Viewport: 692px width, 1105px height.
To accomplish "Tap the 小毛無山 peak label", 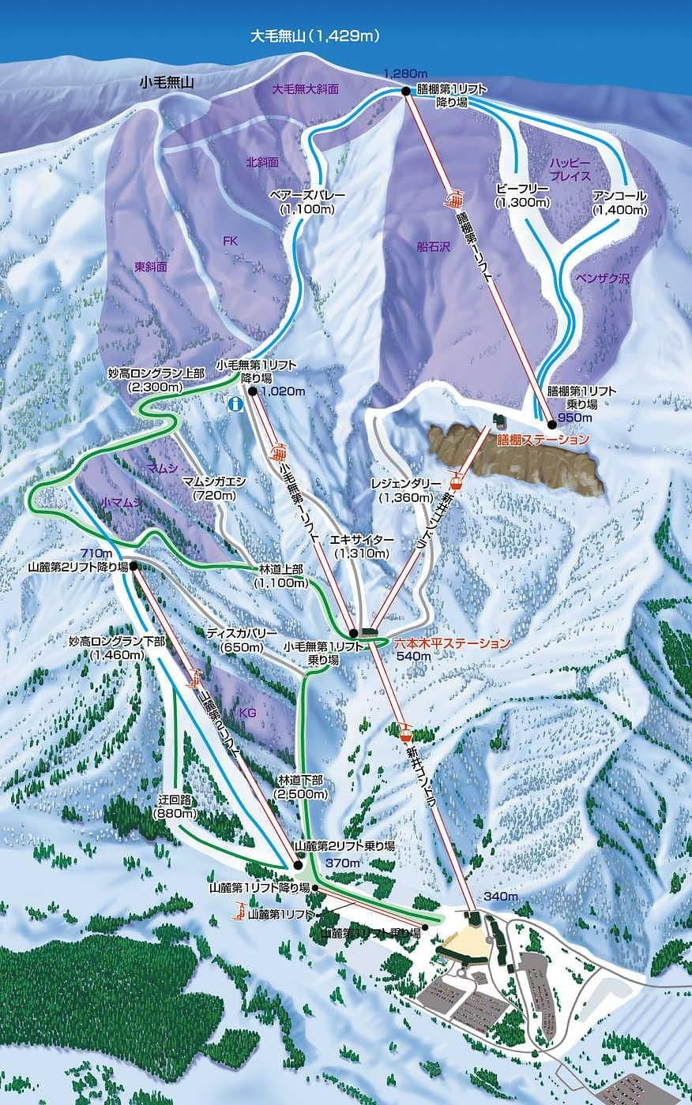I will pyautogui.click(x=167, y=81).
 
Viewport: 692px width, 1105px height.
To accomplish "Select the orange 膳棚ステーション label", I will pyautogui.click(x=543, y=439).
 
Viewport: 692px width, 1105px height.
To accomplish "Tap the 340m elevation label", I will pyautogui.click(x=501, y=897).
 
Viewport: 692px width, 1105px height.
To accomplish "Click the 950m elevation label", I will pyautogui.click(x=574, y=418).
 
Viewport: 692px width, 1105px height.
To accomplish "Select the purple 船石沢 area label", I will pyautogui.click(x=432, y=246).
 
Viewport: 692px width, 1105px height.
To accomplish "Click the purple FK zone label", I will pyautogui.click(x=230, y=242).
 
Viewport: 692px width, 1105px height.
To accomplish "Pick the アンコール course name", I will pyautogui.click(x=619, y=196).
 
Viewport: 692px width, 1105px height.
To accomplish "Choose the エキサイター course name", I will pyautogui.click(x=362, y=539).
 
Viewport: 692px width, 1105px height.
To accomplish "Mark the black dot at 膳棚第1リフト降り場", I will pyautogui.click(x=406, y=92).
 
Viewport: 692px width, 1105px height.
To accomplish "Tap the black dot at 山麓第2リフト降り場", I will pyautogui.click(x=134, y=566).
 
